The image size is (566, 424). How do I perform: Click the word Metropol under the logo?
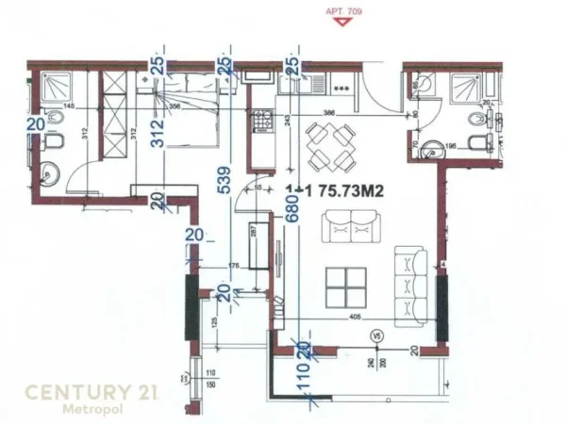[x=91, y=410]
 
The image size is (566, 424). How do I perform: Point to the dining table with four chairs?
[x=330, y=142]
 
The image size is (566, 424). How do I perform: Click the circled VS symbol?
[x=375, y=334]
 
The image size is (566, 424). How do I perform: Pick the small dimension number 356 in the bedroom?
[x=174, y=106]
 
